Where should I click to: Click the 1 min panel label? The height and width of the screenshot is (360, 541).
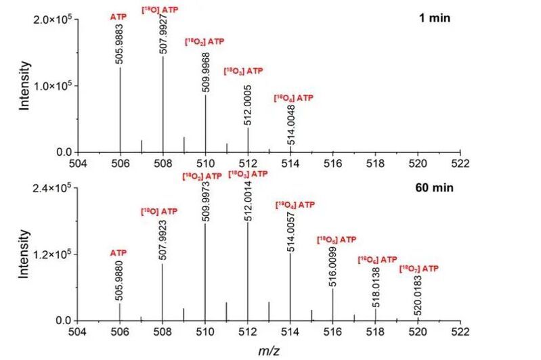coord(434,18)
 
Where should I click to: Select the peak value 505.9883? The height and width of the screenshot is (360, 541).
coord(121,48)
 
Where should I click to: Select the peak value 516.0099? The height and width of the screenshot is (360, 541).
coord(332,269)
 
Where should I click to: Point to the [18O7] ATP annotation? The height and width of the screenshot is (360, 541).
coord(418,269)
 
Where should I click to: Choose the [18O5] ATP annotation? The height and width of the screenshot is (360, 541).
coord(337,240)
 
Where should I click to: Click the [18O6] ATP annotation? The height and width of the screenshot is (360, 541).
coord(377,259)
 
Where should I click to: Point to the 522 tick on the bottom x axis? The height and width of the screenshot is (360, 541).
coord(460,332)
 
